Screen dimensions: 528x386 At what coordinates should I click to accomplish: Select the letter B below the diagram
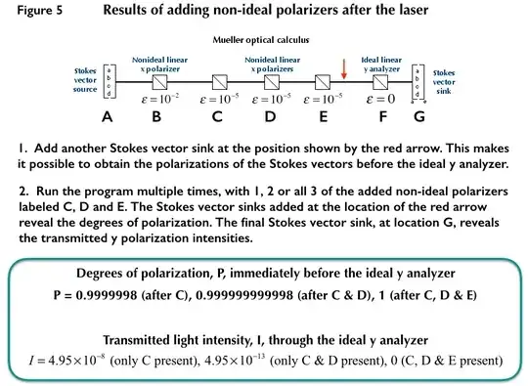156,118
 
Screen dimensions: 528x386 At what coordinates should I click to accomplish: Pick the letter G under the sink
419,118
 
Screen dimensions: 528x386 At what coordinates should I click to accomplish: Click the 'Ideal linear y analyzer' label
384,61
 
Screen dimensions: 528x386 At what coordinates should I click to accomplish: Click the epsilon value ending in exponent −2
156,98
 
